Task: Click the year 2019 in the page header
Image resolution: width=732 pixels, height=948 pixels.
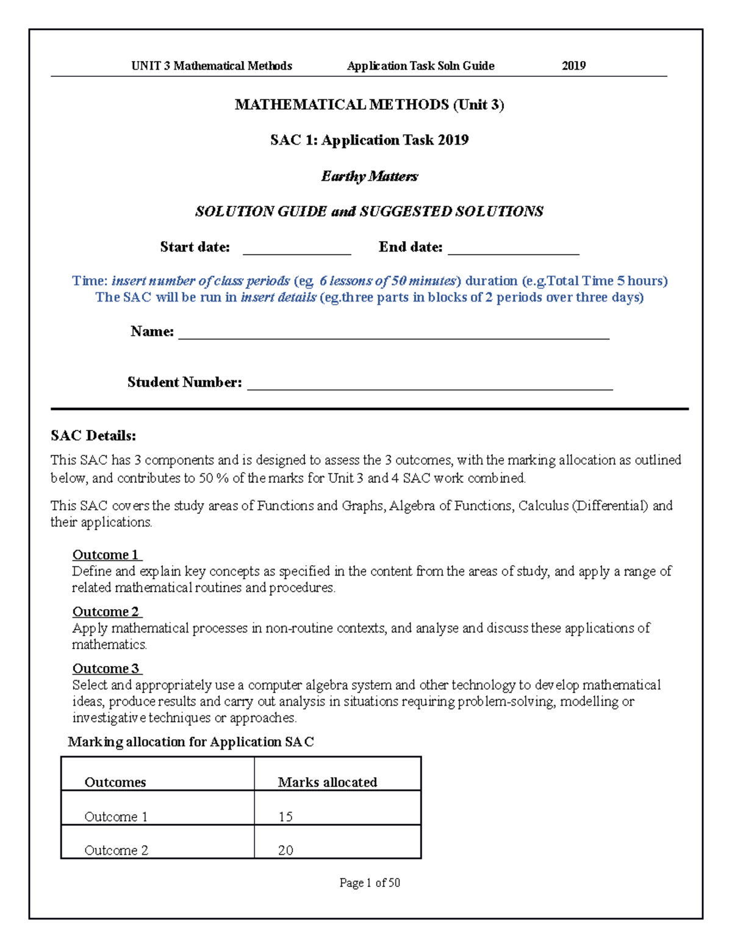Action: point(573,66)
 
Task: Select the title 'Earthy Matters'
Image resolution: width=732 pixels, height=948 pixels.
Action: point(369,176)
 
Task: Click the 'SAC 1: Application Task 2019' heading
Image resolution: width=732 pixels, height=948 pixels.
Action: point(369,140)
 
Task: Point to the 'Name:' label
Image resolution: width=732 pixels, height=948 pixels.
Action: point(152,331)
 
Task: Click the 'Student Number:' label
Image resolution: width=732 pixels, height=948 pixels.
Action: point(184,383)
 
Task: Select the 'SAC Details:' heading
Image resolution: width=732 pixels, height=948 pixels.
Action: point(93,436)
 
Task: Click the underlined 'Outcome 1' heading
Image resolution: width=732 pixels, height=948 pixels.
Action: point(106,555)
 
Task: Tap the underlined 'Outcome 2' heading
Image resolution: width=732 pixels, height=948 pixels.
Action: point(106,612)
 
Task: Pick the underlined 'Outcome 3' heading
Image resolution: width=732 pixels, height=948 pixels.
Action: point(106,668)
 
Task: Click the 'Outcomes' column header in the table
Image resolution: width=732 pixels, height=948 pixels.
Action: point(115,782)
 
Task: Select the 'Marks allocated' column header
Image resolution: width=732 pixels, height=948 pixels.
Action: point(327,782)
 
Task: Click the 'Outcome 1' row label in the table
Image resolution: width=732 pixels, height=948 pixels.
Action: point(116,817)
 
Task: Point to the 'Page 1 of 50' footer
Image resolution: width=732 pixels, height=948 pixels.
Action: point(370,883)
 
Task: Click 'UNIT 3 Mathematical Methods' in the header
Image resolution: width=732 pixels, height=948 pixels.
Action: point(212,66)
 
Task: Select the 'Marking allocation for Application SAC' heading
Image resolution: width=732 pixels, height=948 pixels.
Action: point(191,742)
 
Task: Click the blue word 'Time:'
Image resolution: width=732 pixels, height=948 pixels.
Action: point(90,281)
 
